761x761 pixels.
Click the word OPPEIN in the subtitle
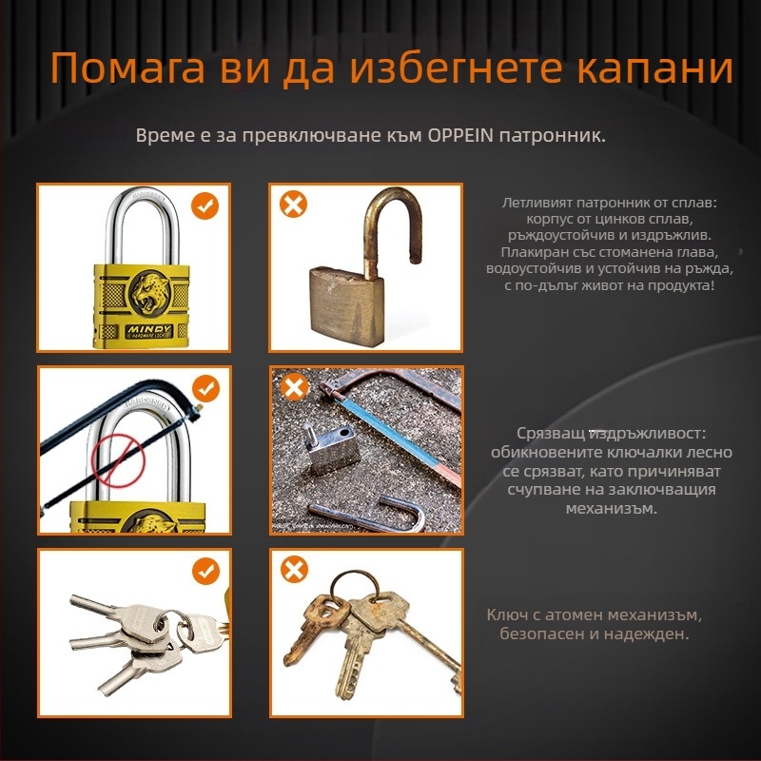coord(460,135)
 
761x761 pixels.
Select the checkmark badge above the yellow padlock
coord(205,205)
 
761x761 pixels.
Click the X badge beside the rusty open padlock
coord(293,204)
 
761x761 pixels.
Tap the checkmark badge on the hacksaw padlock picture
coord(205,388)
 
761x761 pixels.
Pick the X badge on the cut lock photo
coord(294,386)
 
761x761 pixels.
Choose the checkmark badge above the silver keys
coord(205,571)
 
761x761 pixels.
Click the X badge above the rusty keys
coord(294,569)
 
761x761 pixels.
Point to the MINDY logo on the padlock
coord(149,331)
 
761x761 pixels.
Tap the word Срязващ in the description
coord(551,434)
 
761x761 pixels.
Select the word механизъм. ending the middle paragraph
coord(612,509)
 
